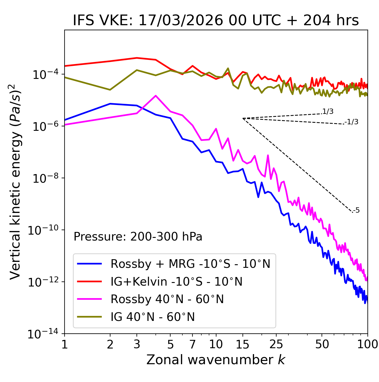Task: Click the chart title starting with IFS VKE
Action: coord(216,21)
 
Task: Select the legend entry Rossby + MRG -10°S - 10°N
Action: coord(190,264)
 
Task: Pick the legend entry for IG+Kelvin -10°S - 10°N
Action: coord(176,281)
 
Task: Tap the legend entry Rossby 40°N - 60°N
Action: coord(167,299)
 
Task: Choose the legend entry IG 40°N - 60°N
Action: coord(152,317)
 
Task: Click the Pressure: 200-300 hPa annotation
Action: coord(138,237)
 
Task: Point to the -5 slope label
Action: coord(356,211)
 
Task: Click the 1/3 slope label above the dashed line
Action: coord(328,112)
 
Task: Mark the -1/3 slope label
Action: coord(351,122)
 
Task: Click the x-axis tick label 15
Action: coord(243,344)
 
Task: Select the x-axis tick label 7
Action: coord(192,344)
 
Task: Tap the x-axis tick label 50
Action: coord(322,344)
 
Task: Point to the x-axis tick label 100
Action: coord(367,344)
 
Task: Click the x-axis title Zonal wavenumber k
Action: coord(216,360)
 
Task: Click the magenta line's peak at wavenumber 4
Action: coord(156,95)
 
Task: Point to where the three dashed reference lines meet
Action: coord(243,118)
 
